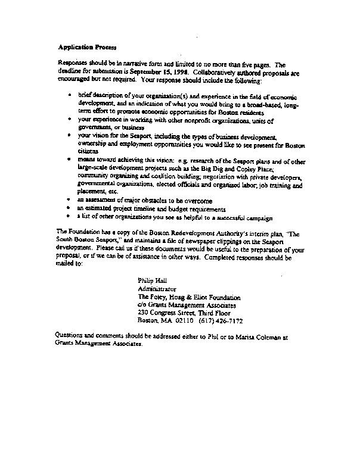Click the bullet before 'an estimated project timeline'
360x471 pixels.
pos(70,208)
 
